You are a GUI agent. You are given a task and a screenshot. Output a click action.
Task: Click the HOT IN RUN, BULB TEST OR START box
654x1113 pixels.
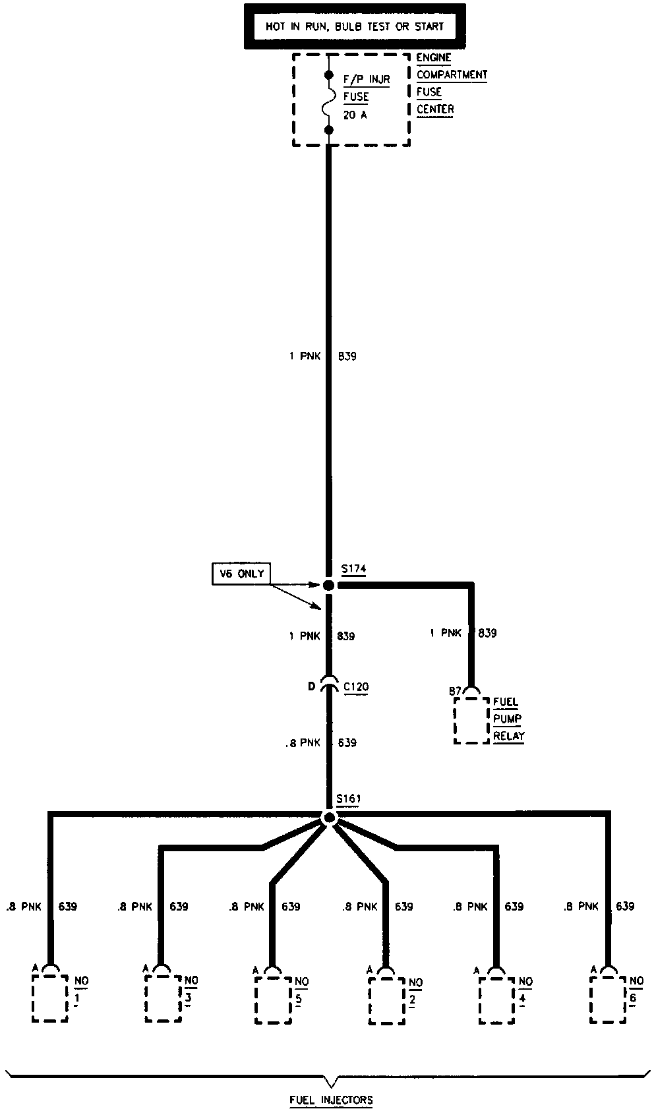[355, 26]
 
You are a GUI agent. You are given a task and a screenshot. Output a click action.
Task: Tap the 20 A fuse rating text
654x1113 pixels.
[355, 114]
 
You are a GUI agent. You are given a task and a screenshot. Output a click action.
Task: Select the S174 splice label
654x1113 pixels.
[353, 569]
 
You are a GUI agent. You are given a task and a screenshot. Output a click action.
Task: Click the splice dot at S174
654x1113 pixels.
[329, 585]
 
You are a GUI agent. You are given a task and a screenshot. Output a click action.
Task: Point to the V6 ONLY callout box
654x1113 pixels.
[242, 574]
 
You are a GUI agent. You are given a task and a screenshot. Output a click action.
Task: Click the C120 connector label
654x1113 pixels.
[356, 686]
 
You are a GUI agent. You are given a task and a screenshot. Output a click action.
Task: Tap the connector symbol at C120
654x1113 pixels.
[329, 686]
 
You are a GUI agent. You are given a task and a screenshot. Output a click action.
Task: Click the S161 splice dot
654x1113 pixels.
[330, 818]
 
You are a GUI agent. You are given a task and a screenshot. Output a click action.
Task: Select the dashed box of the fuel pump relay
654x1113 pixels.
[471, 720]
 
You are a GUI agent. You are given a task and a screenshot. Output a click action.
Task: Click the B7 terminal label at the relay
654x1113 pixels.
[455, 691]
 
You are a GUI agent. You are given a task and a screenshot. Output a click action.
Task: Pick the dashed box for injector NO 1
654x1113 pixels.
[50, 998]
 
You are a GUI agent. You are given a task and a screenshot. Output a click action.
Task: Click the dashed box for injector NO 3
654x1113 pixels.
[163, 998]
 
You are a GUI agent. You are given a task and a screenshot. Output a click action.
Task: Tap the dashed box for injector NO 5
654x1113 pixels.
[274, 1000]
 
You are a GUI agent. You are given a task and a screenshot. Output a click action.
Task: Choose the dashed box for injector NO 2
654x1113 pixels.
[386, 1000]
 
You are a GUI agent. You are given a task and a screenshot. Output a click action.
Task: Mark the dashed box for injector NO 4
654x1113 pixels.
[496, 1000]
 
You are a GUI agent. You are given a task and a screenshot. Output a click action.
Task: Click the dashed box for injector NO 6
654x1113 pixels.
[608, 1000]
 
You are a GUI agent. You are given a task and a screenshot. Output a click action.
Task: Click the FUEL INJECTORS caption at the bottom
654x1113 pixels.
[331, 1100]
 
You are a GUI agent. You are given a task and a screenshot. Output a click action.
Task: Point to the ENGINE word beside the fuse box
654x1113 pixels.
[434, 57]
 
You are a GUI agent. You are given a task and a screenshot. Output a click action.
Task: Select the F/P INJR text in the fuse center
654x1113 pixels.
[367, 79]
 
